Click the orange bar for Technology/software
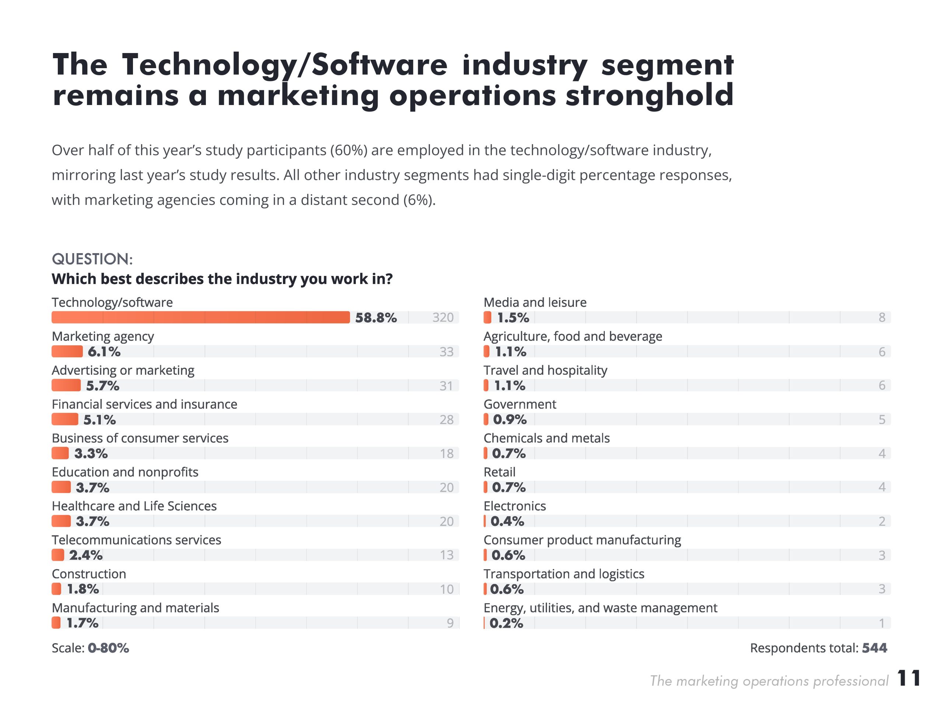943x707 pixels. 200,317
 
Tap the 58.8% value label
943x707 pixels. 376,318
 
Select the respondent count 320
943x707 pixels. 442,318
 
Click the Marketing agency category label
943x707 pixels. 103,336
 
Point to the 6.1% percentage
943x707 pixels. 104,352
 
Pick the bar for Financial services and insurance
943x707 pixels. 65,420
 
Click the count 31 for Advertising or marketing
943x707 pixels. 446,386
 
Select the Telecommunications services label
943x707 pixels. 136,540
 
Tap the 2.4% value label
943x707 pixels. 86,555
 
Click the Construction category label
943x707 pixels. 89,574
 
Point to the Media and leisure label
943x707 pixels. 534,302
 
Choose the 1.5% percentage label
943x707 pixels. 513,318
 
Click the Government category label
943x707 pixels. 520,404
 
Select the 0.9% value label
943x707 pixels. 509,420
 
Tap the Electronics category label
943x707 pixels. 515,506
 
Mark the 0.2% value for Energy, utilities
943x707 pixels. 506,623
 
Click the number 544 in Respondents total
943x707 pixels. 874,648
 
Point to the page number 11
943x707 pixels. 908,678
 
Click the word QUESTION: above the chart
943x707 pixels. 92,259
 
